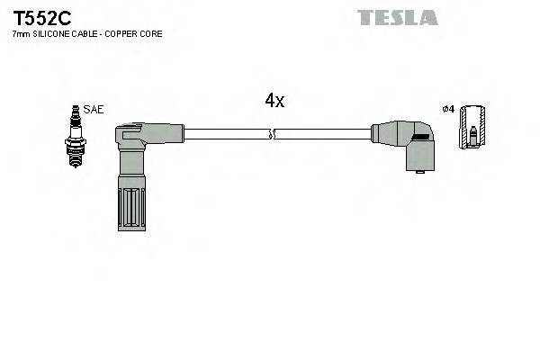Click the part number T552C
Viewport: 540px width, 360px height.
click(37, 17)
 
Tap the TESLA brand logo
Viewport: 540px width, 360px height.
click(397, 17)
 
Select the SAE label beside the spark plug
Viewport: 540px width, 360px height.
click(94, 109)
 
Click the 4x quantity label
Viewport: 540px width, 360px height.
click(274, 102)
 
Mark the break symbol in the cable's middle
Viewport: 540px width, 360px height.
click(273, 135)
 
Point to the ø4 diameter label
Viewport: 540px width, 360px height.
click(448, 109)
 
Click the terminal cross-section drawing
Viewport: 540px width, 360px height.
click(471, 130)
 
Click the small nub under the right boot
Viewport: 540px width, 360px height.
click(417, 174)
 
